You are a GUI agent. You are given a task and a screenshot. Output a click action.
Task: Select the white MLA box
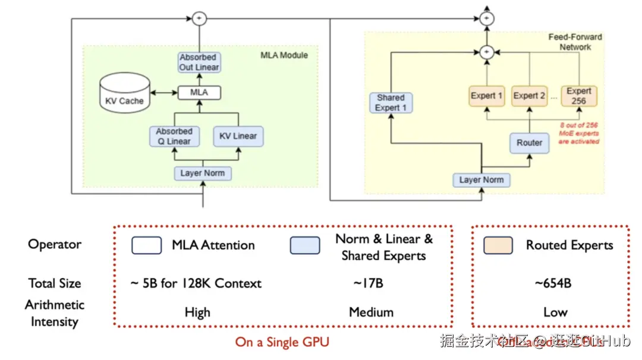click(x=199, y=93)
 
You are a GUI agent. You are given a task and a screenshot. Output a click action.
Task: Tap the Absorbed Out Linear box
click(x=199, y=62)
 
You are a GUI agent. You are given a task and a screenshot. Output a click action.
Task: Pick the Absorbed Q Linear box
click(x=174, y=136)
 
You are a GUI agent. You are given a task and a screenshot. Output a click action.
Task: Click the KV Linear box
click(x=238, y=136)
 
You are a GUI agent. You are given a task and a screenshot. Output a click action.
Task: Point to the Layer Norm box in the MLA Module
click(x=202, y=173)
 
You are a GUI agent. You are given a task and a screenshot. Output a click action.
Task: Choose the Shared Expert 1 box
click(x=391, y=102)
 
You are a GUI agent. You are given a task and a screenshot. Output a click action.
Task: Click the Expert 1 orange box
click(x=487, y=96)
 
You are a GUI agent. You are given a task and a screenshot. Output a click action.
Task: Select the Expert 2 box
click(x=530, y=96)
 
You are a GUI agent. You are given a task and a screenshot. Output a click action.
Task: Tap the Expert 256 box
click(x=578, y=96)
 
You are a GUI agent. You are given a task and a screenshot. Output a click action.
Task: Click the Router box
click(x=529, y=143)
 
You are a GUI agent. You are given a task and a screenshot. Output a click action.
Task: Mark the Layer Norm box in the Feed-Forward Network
click(x=481, y=180)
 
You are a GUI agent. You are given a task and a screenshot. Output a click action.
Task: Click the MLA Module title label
click(x=284, y=55)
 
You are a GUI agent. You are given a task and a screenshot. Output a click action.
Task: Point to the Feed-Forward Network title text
click(x=575, y=42)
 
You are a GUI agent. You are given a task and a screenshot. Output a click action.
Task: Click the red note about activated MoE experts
click(x=579, y=133)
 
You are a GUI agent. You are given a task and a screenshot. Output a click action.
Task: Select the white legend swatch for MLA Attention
click(x=146, y=245)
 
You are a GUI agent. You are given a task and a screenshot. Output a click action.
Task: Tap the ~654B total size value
click(x=553, y=283)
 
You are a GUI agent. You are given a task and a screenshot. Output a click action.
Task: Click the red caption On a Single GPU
click(x=282, y=342)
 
